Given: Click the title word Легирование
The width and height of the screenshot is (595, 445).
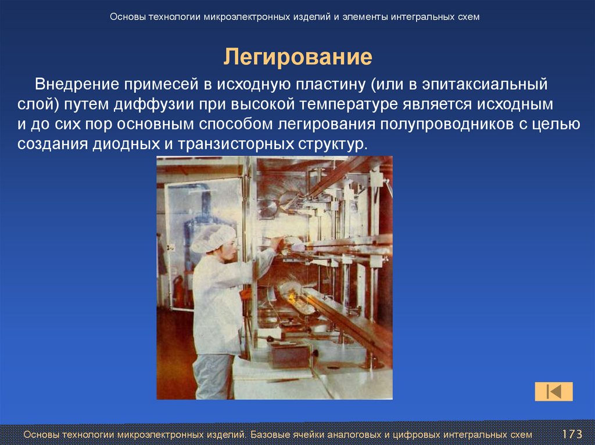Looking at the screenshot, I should [x=298, y=57].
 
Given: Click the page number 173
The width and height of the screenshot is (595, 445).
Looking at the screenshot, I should [x=572, y=435].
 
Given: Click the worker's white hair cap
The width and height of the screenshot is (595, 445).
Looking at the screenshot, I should [x=213, y=238].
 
